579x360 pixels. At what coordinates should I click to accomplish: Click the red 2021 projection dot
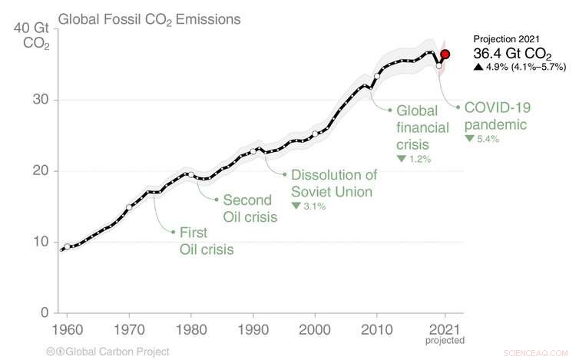tap(445, 54)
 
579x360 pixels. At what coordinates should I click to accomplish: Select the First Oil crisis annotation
tap(207, 239)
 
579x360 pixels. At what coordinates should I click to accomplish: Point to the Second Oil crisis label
tap(250, 208)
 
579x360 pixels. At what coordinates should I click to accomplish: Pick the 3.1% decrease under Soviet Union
tap(309, 206)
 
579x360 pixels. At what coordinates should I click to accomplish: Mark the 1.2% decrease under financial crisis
tap(414, 159)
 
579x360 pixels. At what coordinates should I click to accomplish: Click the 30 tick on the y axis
tap(39, 100)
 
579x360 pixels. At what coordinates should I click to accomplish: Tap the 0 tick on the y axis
tap(45, 312)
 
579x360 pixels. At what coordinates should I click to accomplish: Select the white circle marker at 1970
tap(129, 207)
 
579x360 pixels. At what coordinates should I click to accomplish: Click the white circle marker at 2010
tap(377, 77)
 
